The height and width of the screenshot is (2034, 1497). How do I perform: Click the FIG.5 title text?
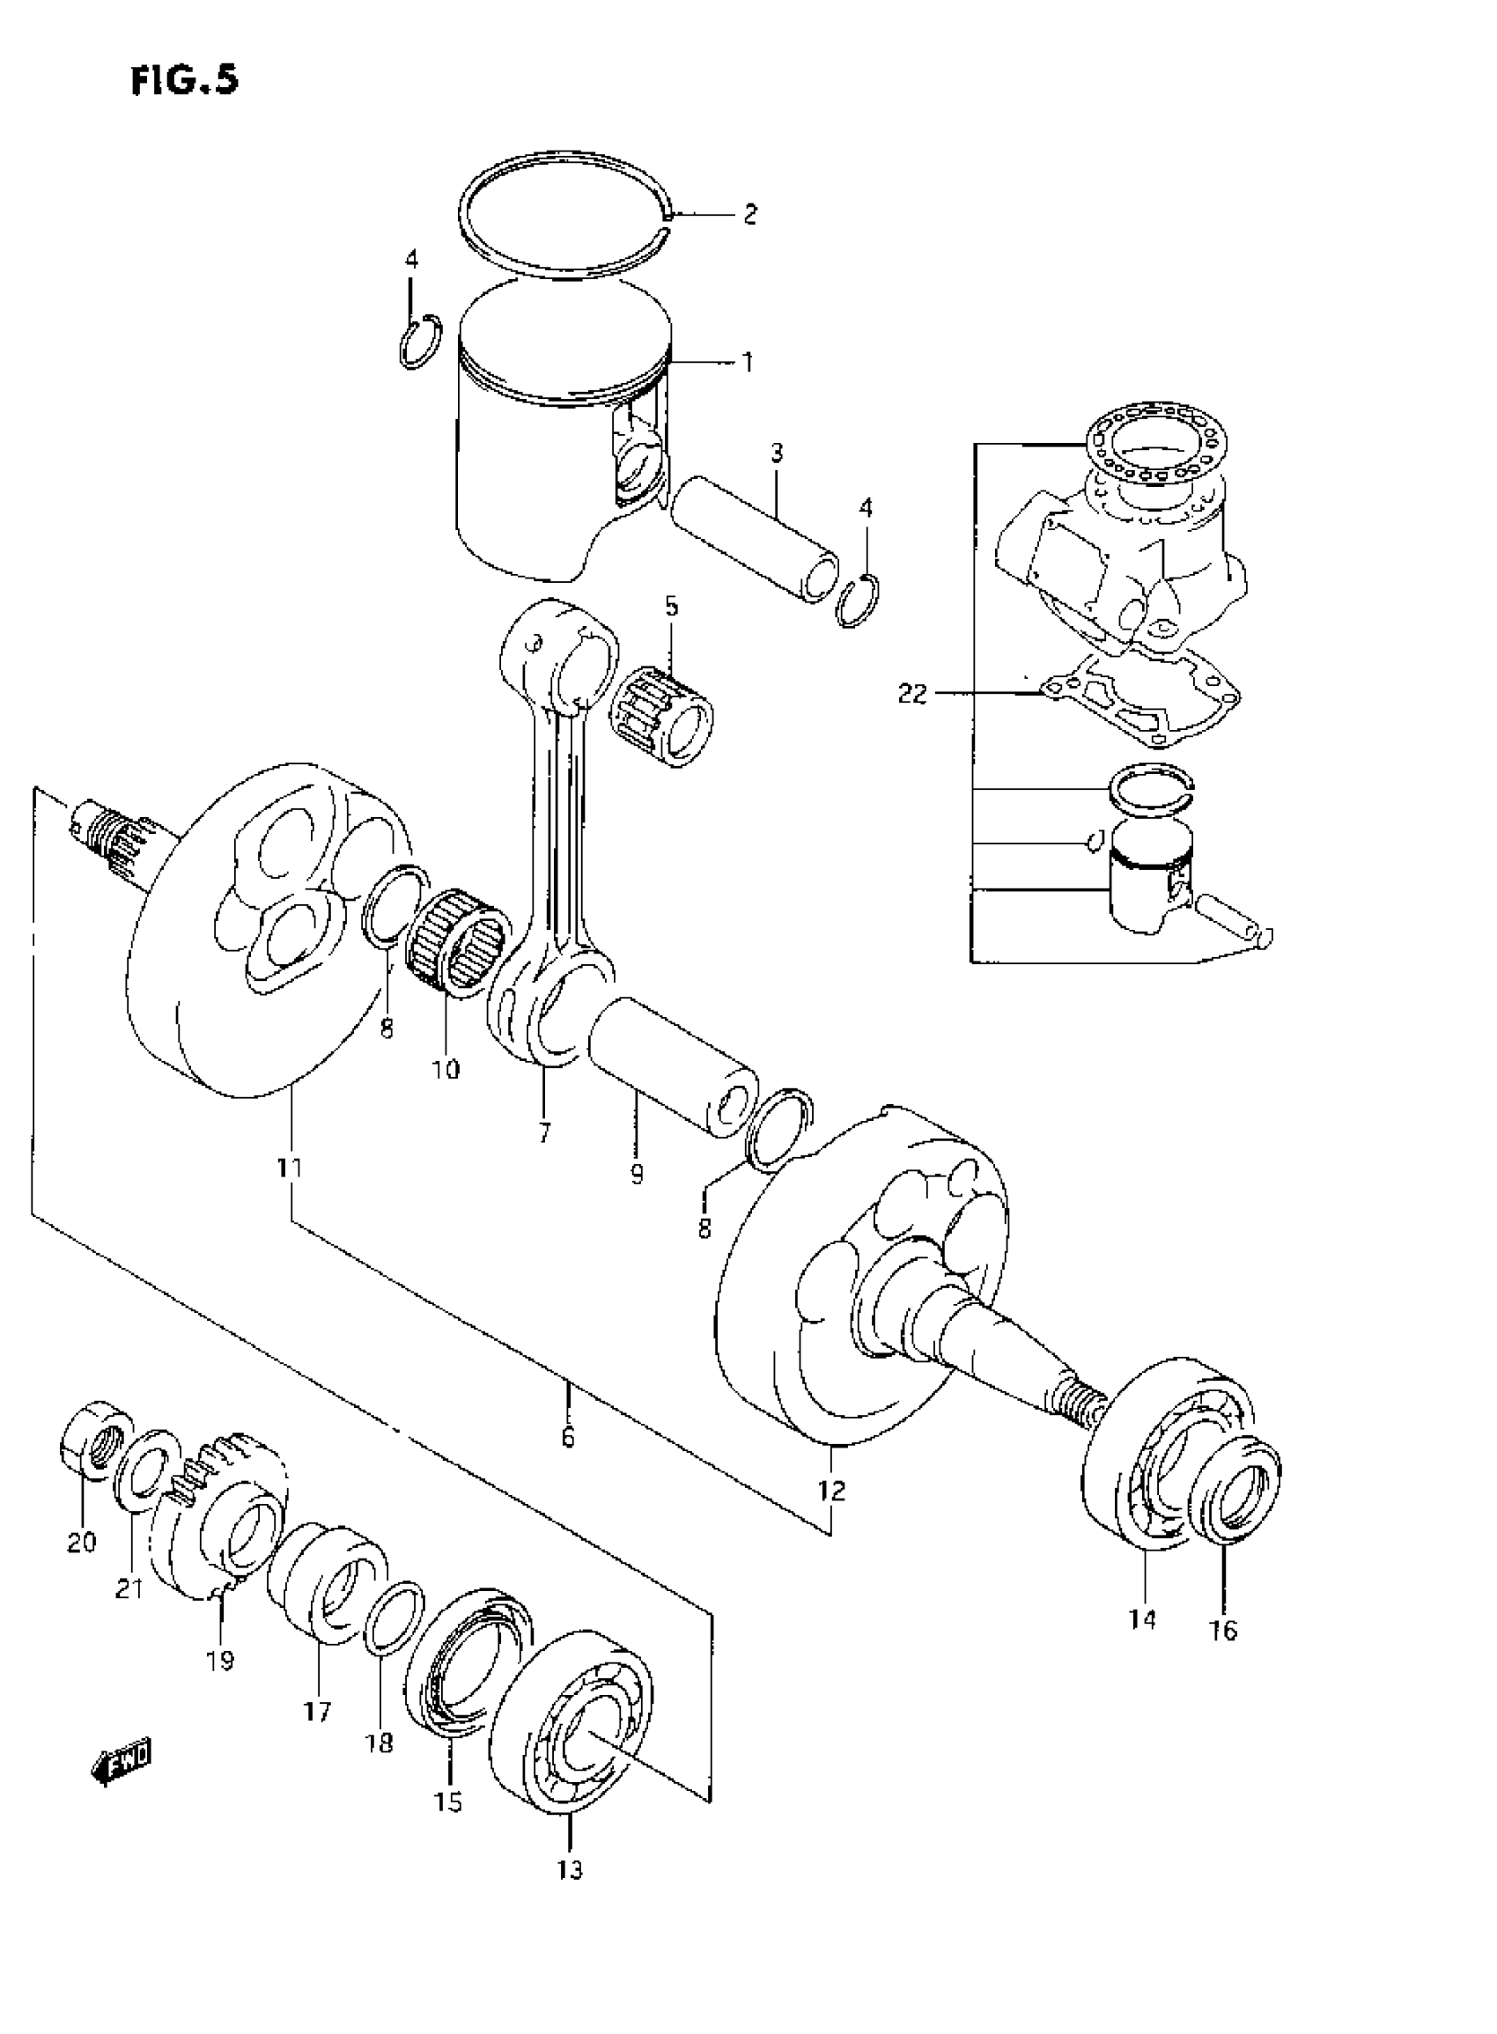[x=185, y=81]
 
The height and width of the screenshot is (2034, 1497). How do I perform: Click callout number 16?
[x=1222, y=1630]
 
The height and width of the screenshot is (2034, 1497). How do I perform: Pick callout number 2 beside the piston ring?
[x=749, y=215]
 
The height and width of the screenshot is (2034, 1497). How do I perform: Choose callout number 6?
[x=568, y=1438]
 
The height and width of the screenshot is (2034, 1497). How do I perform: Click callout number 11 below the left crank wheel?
[x=290, y=1168]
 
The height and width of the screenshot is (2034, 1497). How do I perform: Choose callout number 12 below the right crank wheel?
[x=831, y=1490]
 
